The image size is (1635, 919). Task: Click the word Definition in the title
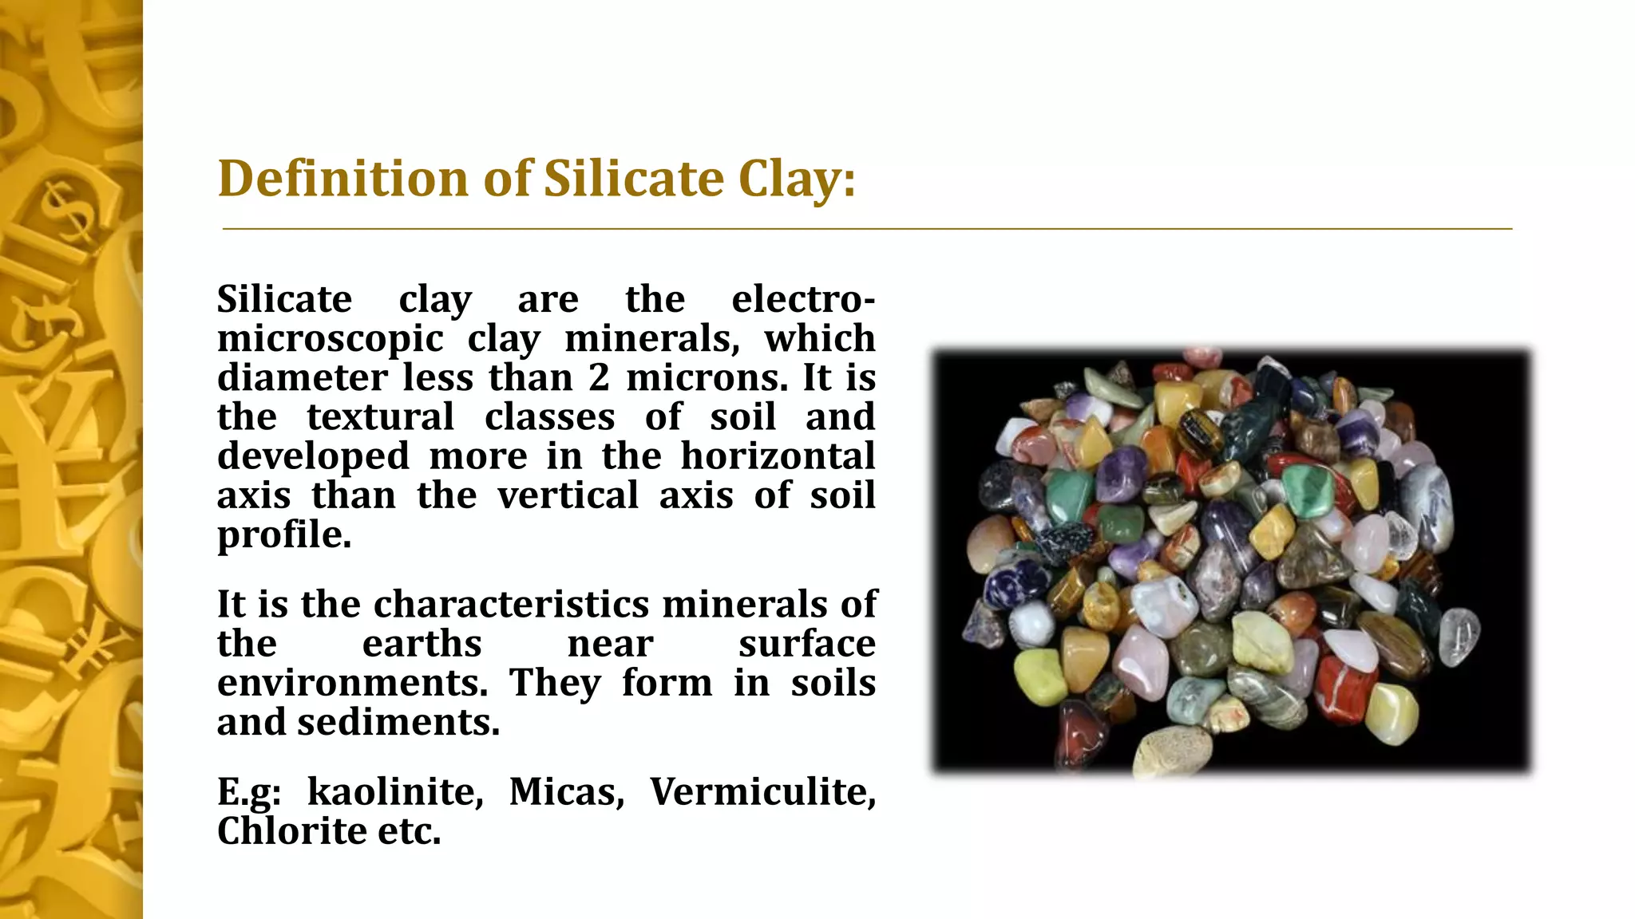342,178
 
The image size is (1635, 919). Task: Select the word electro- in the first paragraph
803,300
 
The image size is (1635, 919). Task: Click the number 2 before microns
599,378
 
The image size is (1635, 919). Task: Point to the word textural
380,417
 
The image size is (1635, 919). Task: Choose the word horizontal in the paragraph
778,456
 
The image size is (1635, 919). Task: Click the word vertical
568,495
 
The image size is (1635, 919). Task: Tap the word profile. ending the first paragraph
284,535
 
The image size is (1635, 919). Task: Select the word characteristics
511,605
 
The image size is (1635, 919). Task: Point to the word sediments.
398,723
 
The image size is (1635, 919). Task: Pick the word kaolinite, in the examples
395,792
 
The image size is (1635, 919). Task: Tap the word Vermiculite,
762,792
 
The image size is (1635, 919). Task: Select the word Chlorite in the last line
291,831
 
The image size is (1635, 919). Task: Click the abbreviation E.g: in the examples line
249,793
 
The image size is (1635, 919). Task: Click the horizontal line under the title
867,229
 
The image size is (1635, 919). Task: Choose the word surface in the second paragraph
806,645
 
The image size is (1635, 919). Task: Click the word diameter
303,378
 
